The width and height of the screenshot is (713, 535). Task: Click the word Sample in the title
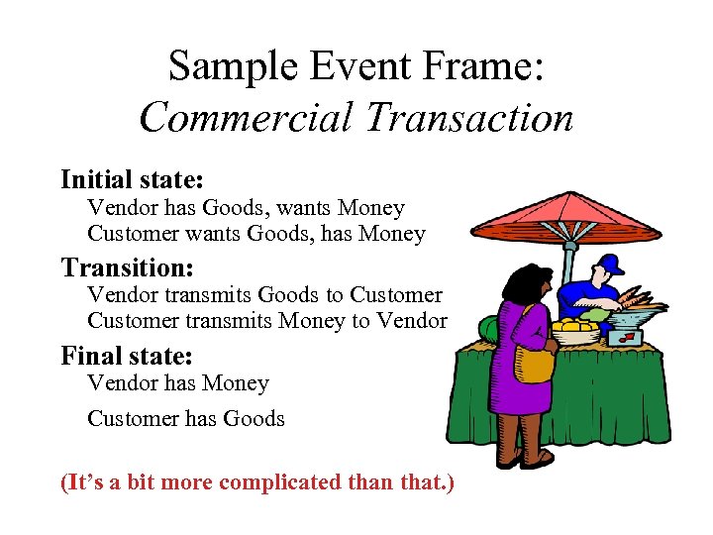(219, 66)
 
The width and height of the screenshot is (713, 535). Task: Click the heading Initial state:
(132, 179)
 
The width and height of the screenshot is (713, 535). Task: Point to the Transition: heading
(127, 267)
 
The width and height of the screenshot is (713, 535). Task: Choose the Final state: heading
(126, 355)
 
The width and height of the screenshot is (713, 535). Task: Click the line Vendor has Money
(178, 383)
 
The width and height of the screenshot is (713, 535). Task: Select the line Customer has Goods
(186, 418)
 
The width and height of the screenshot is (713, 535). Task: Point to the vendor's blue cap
(612, 265)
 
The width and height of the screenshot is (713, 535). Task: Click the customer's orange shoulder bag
(535, 363)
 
